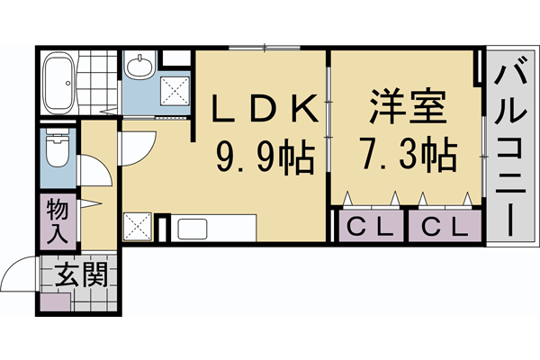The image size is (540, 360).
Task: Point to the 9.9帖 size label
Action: click(263, 159)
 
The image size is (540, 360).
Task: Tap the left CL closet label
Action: click(370, 226)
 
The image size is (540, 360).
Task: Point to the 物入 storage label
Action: click(56, 220)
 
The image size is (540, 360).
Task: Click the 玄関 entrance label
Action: click(81, 274)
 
